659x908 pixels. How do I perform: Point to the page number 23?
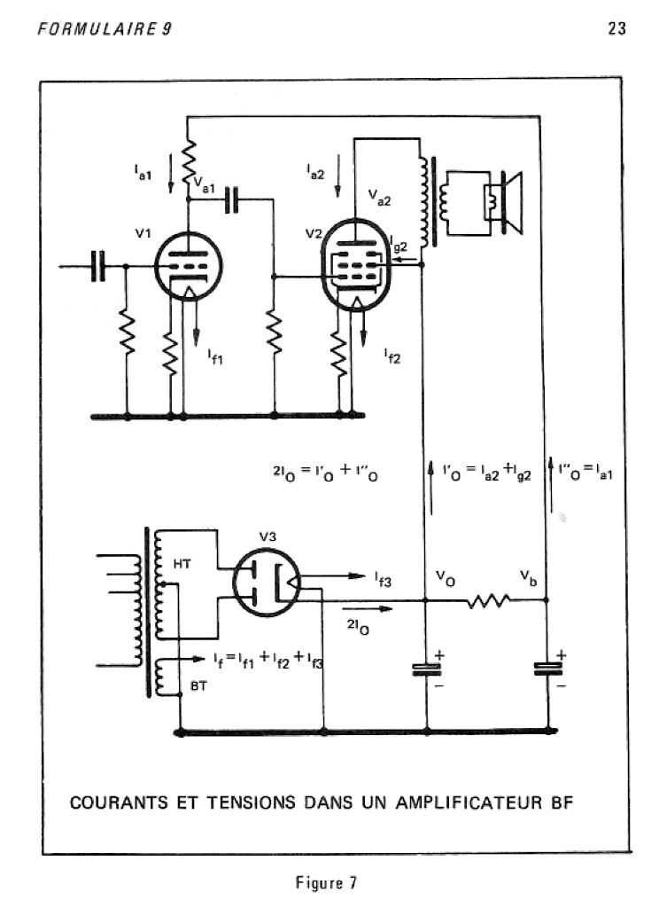coord(616,28)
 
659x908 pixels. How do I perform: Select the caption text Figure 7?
coord(326,882)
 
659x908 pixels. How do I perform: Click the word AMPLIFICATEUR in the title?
coord(469,803)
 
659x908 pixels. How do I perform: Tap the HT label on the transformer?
coord(182,563)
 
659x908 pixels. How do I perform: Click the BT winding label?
coord(198,686)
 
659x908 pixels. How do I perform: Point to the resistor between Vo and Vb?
coord(488,601)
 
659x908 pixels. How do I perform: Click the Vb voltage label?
coord(528,577)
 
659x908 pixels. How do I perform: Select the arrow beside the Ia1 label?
coord(171,173)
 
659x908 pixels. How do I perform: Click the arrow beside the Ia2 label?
coord(337,176)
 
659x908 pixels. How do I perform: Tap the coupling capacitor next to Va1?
coord(231,200)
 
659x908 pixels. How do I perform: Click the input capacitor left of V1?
coord(99,266)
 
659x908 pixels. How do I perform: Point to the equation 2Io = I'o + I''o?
coord(325,473)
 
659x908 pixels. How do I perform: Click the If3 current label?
coord(383,579)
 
